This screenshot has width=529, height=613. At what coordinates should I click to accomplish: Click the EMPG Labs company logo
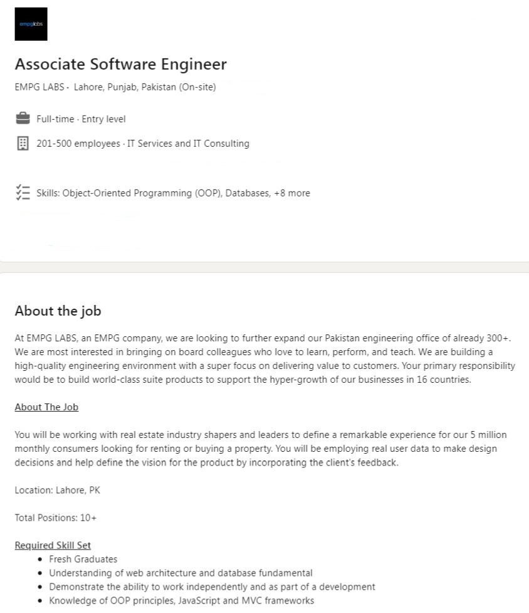[31, 24]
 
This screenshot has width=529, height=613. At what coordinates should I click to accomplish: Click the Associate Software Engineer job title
[120, 64]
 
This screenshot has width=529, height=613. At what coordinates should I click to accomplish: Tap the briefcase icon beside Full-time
[23, 119]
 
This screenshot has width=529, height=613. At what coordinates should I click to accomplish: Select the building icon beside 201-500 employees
[23, 144]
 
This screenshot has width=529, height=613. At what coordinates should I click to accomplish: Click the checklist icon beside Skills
[23, 193]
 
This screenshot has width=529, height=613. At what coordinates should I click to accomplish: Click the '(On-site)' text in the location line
[197, 87]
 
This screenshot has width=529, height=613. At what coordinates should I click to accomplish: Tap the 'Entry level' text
[103, 119]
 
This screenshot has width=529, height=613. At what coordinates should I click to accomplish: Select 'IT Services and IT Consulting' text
[188, 144]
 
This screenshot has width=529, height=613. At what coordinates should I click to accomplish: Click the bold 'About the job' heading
[58, 311]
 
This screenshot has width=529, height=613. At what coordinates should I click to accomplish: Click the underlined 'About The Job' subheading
[46, 407]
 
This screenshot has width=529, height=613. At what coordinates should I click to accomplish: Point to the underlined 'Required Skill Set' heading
[53, 545]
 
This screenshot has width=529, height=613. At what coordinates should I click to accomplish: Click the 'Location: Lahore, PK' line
[57, 490]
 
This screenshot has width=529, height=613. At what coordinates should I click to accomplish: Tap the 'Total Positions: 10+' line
[55, 518]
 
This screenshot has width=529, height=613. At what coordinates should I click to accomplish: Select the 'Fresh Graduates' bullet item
[83, 559]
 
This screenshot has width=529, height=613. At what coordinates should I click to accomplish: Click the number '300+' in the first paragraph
[499, 338]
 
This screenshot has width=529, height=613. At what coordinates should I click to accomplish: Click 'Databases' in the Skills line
[246, 193]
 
